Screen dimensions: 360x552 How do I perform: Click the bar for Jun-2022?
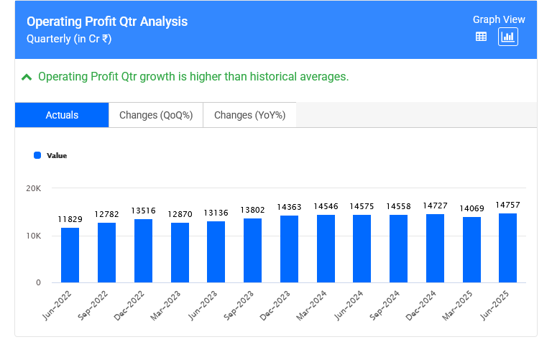point(70,255)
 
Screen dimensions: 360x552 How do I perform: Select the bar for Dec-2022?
point(143,251)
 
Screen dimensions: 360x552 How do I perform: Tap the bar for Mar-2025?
point(471,249)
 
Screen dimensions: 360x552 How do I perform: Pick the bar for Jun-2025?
point(507,248)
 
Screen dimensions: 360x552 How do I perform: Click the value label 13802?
point(252,210)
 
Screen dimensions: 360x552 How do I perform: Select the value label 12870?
point(180,215)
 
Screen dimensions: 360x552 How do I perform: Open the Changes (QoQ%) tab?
point(156,115)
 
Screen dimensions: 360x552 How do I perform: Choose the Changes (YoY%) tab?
point(249,115)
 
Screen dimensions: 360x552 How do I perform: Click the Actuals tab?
point(62,115)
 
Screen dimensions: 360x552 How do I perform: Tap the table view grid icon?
point(482,37)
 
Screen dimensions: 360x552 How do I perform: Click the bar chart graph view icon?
point(508,37)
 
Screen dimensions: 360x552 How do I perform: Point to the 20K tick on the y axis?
point(34,188)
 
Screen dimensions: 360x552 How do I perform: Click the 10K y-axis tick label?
point(34,236)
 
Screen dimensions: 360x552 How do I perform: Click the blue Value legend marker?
point(37,154)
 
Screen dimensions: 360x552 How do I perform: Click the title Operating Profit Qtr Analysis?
point(107,22)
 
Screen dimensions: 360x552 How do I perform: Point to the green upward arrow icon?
point(27,77)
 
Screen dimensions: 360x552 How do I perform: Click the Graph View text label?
point(499,19)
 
